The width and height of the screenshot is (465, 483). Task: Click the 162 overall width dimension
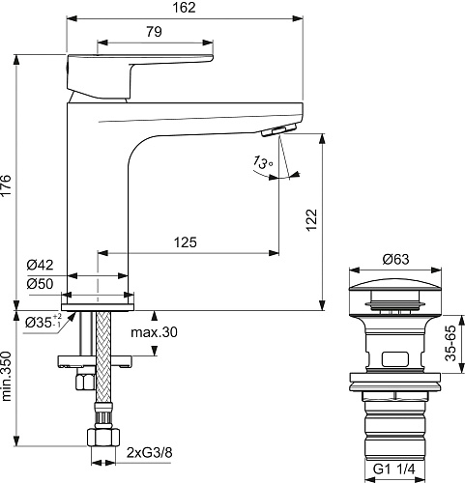[x=184, y=8]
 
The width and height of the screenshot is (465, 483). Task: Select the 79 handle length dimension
[x=154, y=32]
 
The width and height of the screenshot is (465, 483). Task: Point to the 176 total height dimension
[x=6, y=185]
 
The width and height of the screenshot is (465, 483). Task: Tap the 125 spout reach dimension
[x=185, y=242]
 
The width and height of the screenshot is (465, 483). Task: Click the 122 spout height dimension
[x=311, y=220]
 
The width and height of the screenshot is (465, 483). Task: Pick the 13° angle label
[x=262, y=162]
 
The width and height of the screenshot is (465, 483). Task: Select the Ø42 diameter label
[x=41, y=265]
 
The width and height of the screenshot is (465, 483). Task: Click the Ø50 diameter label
[x=41, y=284]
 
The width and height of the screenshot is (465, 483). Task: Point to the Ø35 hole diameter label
[x=43, y=322]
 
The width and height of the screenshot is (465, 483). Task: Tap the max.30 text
[x=154, y=332]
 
